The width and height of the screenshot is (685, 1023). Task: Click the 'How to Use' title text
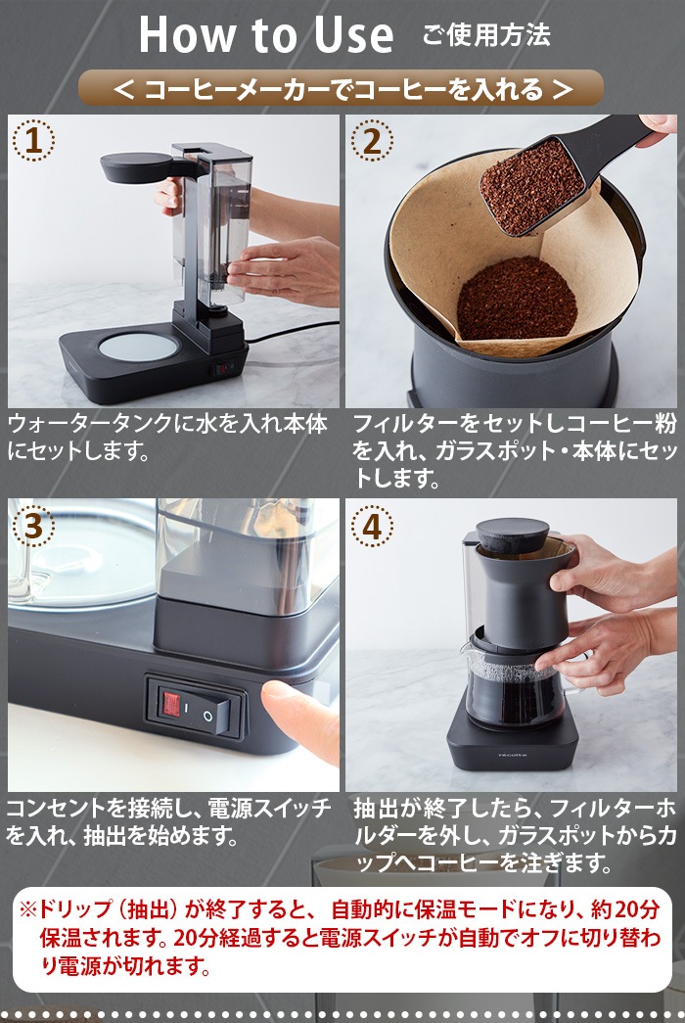pos(266,34)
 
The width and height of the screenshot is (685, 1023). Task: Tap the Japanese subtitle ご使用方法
pos(486,36)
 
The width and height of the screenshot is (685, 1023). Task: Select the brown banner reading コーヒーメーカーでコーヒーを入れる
pos(342,89)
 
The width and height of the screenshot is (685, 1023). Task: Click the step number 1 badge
pos(33,141)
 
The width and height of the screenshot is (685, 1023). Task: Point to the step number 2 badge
pos(371,141)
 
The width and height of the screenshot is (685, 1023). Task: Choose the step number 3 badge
pos(33,525)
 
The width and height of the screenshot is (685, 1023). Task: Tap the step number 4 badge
pos(371,526)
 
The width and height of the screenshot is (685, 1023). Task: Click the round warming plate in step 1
pos(137,347)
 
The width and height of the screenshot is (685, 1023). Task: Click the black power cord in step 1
pos(294,333)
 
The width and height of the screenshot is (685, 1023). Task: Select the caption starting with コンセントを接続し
pos(168,822)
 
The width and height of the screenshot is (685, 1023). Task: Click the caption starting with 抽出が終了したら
pos(514,836)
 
